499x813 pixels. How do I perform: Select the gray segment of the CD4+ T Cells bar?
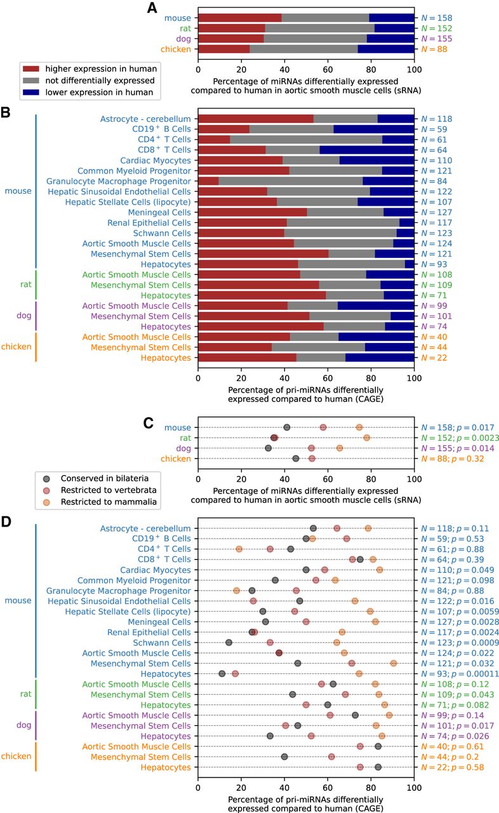coord(306,139)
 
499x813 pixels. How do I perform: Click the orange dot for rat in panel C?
coord(366,438)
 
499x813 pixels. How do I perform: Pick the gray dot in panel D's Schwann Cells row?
coord(229,642)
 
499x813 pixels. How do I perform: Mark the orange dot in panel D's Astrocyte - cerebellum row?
coord(368,528)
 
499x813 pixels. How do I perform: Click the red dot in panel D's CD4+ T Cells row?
coord(270,549)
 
